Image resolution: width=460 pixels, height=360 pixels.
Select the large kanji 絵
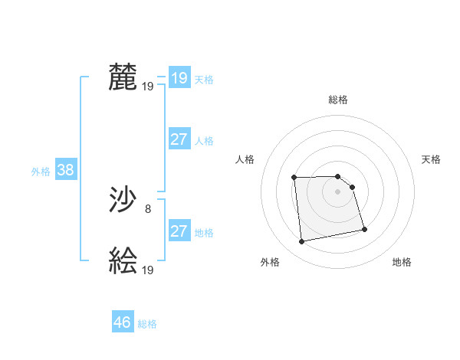tap(123, 260)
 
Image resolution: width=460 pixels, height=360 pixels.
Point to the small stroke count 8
tap(148, 208)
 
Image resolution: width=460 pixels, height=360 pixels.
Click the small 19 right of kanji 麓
tap(148, 86)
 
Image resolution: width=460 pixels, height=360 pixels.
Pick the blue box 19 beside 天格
tap(179, 78)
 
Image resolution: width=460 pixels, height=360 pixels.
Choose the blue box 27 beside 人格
tap(179, 139)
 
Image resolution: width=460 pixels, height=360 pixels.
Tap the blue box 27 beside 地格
tap(179, 231)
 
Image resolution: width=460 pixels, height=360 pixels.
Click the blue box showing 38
tap(65, 170)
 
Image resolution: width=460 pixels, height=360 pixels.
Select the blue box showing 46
tap(123, 322)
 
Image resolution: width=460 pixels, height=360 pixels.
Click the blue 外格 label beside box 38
tap(41, 172)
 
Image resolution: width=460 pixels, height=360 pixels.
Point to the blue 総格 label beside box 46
tap(147, 324)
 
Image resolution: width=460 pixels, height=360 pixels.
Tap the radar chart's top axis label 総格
tap(338, 100)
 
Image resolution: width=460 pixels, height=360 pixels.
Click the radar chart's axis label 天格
tap(432, 159)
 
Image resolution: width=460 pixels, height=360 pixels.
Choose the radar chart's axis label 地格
tap(402, 262)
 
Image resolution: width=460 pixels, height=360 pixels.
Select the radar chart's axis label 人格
tap(245, 159)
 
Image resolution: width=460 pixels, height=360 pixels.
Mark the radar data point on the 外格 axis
tap(302, 242)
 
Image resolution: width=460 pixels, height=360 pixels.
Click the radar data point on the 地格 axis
tap(364, 229)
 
